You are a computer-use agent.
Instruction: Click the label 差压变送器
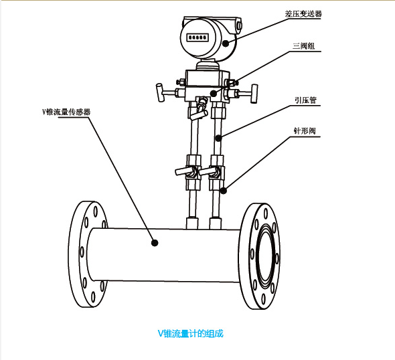pyautogui.click(x=303, y=13)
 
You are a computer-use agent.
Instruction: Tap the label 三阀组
pyautogui.click(x=303, y=46)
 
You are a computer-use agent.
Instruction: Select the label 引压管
pyautogui.click(x=305, y=100)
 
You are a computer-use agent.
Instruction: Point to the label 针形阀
pyautogui.click(x=305, y=131)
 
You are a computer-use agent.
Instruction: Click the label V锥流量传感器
pyautogui.click(x=66, y=112)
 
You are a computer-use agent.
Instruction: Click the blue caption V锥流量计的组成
pyautogui.click(x=190, y=333)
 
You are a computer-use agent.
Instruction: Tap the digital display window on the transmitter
pyautogui.click(x=197, y=37)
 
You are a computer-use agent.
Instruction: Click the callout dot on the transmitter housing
pyautogui.click(x=226, y=43)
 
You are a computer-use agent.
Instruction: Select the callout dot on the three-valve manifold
pyautogui.click(x=214, y=94)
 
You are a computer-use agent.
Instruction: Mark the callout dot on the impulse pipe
pyautogui.click(x=218, y=138)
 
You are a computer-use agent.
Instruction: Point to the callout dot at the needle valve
pyautogui.click(x=224, y=191)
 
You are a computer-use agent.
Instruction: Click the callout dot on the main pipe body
pyautogui.click(x=155, y=243)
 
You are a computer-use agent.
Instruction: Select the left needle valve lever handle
pyautogui.click(x=184, y=171)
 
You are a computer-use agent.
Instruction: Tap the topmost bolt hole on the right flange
pyautogui.click(x=266, y=214)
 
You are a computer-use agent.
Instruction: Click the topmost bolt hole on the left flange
pyautogui.click(x=96, y=211)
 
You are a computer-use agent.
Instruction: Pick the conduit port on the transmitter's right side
pyautogui.click(x=239, y=25)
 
